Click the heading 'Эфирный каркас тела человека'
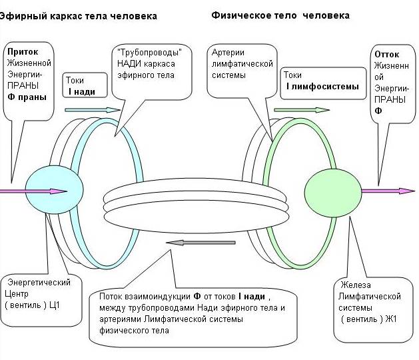(x=78, y=15)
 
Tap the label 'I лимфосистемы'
(x=322, y=87)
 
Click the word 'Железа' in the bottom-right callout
(x=354, y=285)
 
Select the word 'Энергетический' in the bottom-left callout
(x=37, y=282)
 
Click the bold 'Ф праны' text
(x=27, y=97)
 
